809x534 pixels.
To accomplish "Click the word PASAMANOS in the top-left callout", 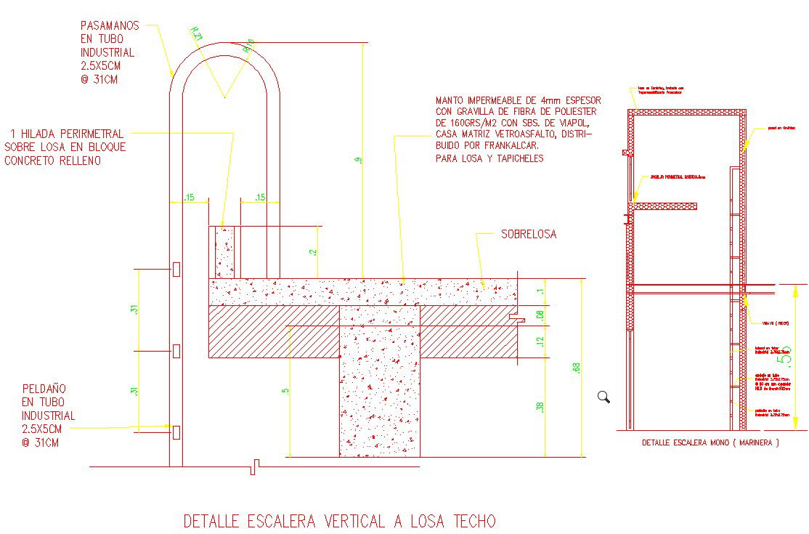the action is tap(110, 25).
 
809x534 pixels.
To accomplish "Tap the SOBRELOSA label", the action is tap(529, 235).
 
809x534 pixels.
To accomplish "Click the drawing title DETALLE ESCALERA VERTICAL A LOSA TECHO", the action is tap(339, 521).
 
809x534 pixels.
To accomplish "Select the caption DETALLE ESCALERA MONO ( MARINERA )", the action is tap(710, 442).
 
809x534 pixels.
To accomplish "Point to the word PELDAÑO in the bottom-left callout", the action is tap(47, 388).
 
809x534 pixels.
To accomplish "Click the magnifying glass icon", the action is tap(603, 397).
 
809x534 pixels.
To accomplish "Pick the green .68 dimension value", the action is tap(577, 368).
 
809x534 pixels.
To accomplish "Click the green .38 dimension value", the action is tap(539, 408).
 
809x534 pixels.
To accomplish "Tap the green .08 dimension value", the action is tap(539, 315).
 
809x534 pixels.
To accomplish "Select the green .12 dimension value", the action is tap(539, 342).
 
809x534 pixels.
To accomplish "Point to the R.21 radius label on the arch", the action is tap(197, 34).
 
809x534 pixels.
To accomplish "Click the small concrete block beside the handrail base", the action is tap(225, 251).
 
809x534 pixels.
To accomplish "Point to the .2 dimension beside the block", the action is tap(312, 251).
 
